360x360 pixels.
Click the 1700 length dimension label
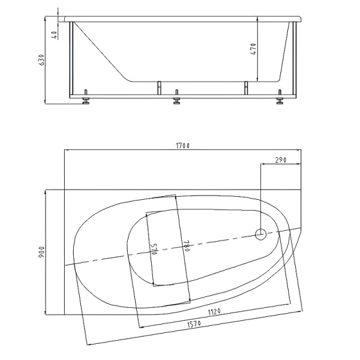click(x=182, y=146)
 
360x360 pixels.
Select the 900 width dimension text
click(x=41, y=252)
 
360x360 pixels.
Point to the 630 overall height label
click(x=41, y=59)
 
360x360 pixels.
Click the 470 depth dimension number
click(x=253, y=49)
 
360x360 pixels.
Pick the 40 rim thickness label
click(x=55, y=35)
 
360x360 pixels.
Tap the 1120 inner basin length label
click(x=214, y=312)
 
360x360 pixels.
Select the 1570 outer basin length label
click(x=194, y=324)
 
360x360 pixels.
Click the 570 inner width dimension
click(x=154, y=248)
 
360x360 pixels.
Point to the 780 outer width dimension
click(x=186, y=245)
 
